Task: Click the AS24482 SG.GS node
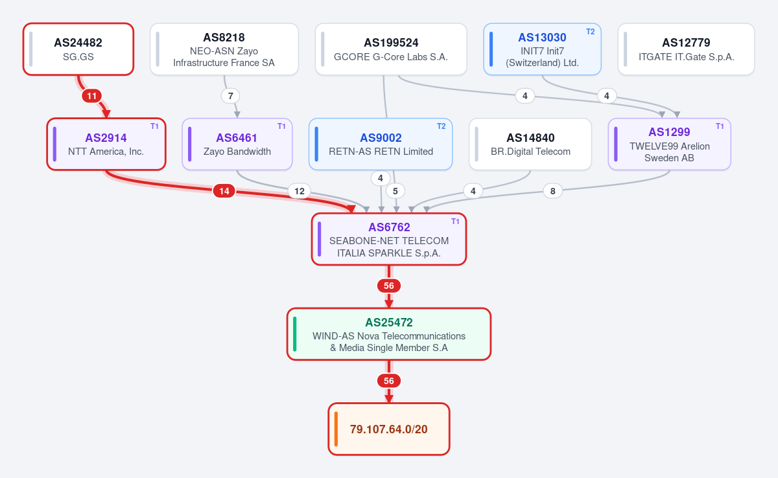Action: (x=78, y=49)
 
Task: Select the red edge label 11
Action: (x=91, y=96)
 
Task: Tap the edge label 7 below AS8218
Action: (x=230, y=96)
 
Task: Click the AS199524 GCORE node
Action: (x=391, y=49)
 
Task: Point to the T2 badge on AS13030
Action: (x=590, y=32)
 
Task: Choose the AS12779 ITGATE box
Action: (x=686, y=49)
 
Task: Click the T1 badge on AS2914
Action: (x=154, y=126)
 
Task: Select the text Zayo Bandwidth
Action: (x=237, y=152)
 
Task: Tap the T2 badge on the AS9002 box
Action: (x=441, y=126)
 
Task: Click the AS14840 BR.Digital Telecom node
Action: (x=530, y=144)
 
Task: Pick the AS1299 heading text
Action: (x=669, y=132)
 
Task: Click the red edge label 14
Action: (x=224, y=191)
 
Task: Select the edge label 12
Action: (x=300, y=191)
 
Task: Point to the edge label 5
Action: (x=395, y=191)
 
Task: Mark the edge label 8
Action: (x=552, y=191)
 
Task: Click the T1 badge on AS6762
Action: (x=455, y=222)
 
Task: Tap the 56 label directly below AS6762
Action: (x=388, y=286)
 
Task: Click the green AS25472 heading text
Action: (x=388, y=323)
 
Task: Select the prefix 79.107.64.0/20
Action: (x=388, y=429)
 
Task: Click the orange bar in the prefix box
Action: (x=336, y=429)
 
